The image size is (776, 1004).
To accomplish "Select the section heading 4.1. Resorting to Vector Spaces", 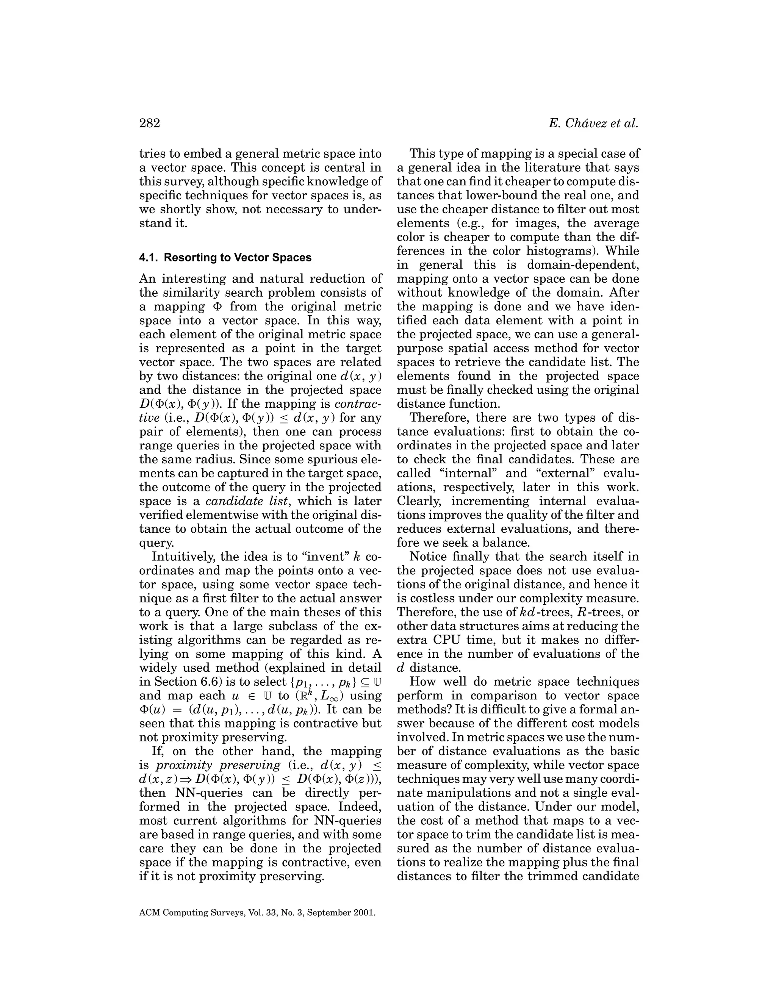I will [x=225, y=257].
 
